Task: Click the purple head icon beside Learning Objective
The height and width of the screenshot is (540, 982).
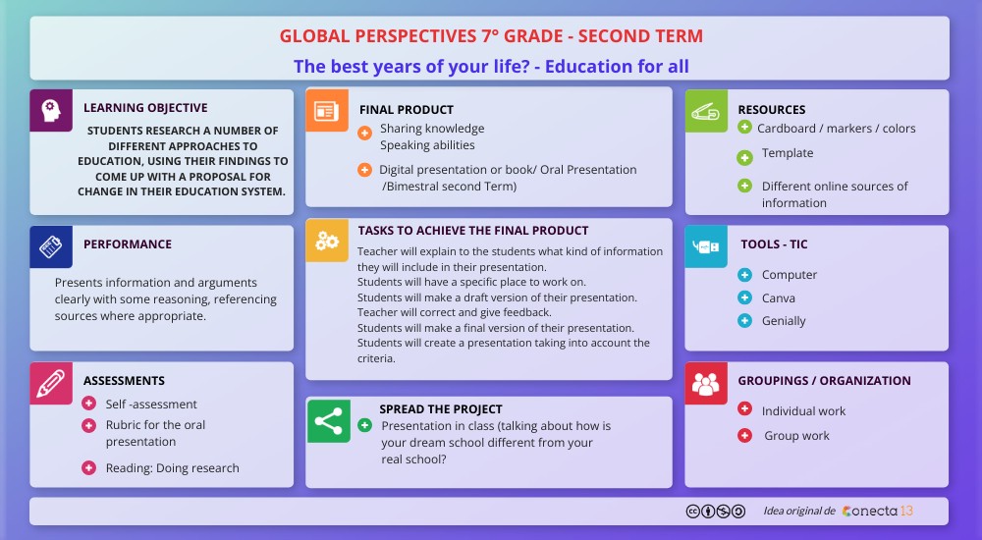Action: pos(51,111)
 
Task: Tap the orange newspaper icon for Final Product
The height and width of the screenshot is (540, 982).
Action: pos(326,111)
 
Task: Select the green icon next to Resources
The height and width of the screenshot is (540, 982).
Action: pos(706,111)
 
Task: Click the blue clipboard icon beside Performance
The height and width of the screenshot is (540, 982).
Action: pos(51,246)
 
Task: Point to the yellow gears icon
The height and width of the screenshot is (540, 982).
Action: pos(326,241)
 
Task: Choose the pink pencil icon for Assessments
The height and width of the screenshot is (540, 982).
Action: pos(51,383)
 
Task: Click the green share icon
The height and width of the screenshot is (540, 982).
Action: pos(329,421)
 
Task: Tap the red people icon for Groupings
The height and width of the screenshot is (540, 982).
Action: pos(706,383)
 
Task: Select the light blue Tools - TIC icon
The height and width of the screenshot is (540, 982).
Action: pos(706,246)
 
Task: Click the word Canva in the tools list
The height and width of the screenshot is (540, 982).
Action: pos(779,298)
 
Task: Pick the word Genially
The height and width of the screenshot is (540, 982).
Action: pos(784,321)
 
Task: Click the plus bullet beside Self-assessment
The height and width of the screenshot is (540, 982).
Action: pos(89,404)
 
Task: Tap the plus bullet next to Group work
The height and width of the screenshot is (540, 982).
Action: pos(744,435)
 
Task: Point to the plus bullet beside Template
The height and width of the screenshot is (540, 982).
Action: pos(744,157)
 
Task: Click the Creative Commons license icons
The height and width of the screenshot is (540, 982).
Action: pos(716,512)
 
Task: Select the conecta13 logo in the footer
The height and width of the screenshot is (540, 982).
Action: pos(877,512)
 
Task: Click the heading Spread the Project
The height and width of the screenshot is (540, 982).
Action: pos(441,409)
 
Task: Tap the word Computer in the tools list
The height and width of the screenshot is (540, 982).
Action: pos(790,275)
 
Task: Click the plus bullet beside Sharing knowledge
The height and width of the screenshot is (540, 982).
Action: pos(364,133)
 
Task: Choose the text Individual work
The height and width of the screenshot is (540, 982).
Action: pos(803,411)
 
